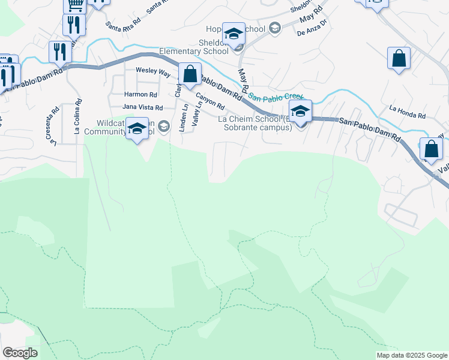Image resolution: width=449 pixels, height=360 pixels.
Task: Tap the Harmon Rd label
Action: [x=140, y=94]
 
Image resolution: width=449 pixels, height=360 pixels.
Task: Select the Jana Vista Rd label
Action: [x=142, y=107]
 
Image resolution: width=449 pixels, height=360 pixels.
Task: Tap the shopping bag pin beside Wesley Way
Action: [x=190, y=75]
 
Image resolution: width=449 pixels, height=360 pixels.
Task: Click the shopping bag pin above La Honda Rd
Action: [x=399, y=59]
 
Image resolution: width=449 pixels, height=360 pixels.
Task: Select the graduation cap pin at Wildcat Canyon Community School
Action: [x=137, y=129]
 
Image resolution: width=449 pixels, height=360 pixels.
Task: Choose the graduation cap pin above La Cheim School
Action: [x=300, y=112]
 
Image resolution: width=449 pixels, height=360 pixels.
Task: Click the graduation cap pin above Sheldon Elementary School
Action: [x=234, y=34]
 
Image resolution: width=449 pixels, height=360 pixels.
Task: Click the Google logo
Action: [x=20, y=353]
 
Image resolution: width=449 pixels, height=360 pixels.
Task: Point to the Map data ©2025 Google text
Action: [x=411, y=355]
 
